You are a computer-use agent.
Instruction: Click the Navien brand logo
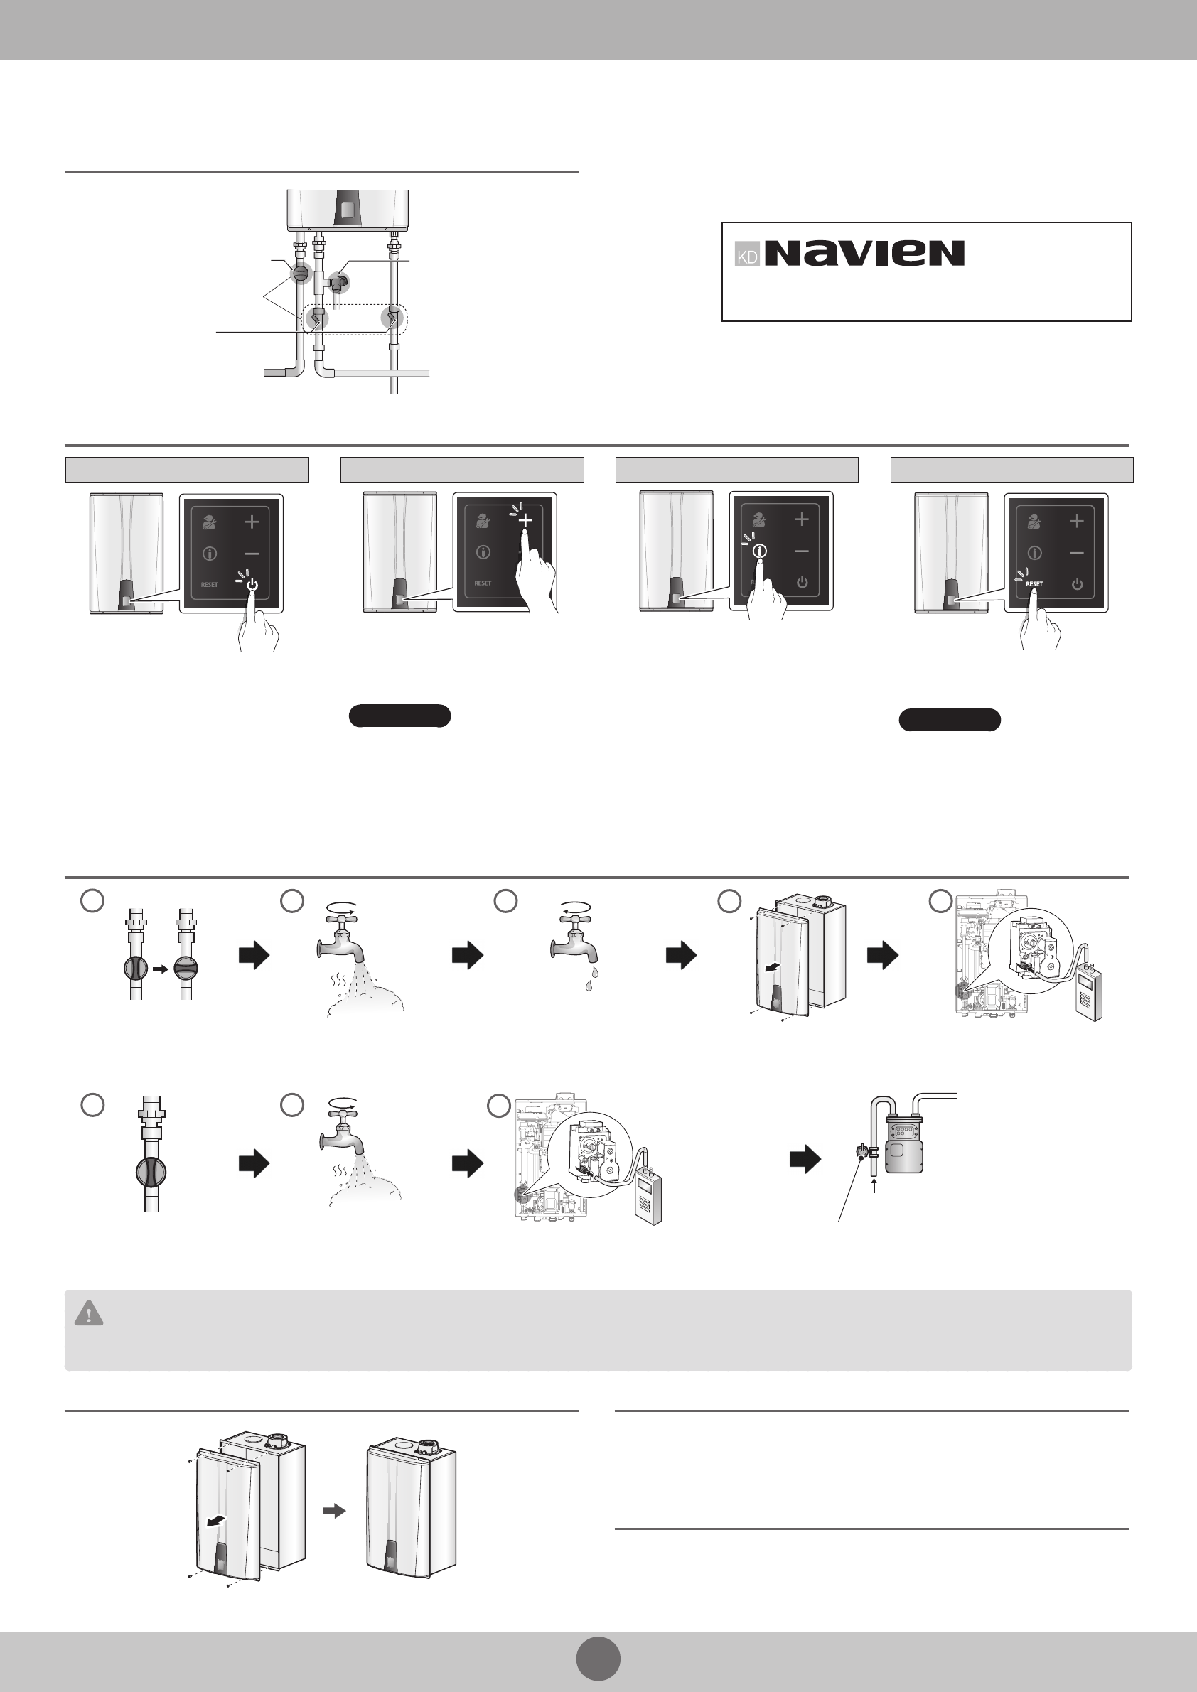[x=864, y=253]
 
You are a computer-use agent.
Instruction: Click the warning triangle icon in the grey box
[x=89, y=1313]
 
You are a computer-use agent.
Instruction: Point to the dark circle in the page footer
[x=598, y=1658]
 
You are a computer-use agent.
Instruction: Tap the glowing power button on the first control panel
[x=252, y=584]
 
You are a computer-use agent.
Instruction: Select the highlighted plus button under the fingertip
[x=525, y=521]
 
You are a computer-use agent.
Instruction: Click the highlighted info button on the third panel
[x=759, y=551]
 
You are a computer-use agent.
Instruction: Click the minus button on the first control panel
[x=252, y=554]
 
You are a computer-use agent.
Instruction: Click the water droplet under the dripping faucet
[x=589, y=984]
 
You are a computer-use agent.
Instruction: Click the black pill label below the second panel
[x=399, y=716]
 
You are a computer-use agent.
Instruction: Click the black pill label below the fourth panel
[x=950, y=720]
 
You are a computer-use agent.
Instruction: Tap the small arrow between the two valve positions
[x=161, y=969]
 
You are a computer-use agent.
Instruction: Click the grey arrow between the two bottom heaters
[x=335, y=1511]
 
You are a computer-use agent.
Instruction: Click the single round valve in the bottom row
[x=151, y=1172]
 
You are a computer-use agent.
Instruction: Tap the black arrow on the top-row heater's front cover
[x=773, y=968]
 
